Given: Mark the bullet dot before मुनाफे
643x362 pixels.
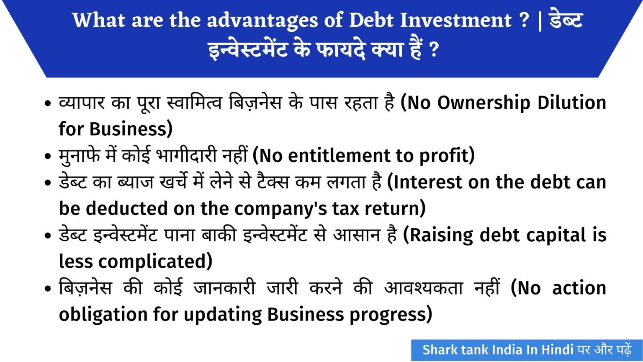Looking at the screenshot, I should click(x=48, y=157).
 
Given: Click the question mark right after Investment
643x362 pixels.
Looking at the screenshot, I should click(x=524, y=20).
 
